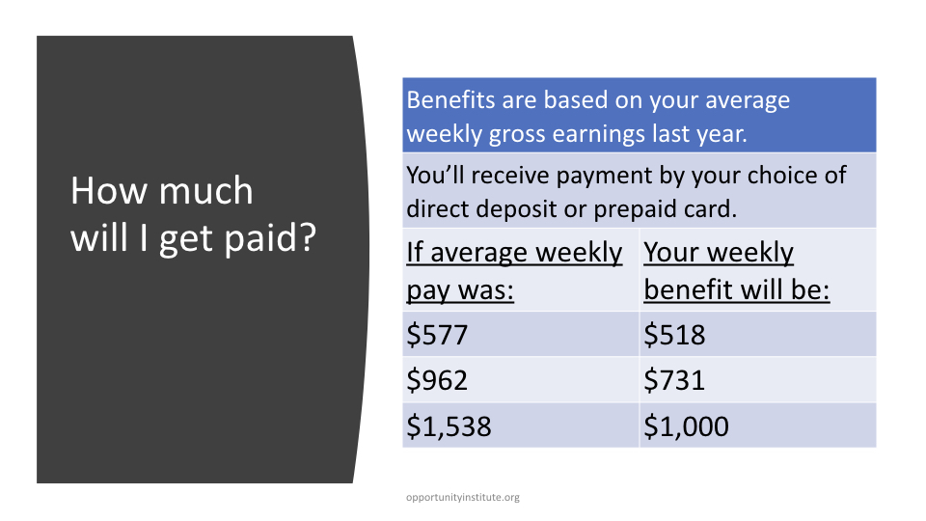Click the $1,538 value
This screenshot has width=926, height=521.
(449, 425)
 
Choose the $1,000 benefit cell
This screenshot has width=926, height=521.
(686, 425)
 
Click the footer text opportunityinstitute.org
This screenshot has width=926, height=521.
(463, 498)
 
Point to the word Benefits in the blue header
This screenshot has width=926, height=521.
(451, 99)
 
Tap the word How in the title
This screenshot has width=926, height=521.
(109, 191)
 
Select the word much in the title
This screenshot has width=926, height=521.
(206, 191)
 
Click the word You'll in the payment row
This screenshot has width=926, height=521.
(436, 175)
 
